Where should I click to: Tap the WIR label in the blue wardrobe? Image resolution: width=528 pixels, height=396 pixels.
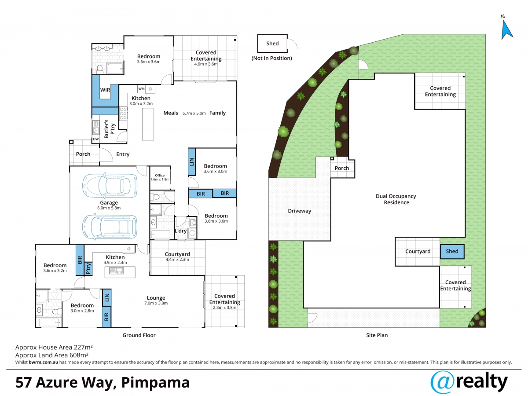[x=105, y=90]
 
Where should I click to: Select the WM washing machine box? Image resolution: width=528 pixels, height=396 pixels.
[x=141, y=89]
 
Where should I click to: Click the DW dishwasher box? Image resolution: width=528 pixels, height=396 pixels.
[x=96, y=139]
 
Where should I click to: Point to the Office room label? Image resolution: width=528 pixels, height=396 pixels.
[x=160, y=176]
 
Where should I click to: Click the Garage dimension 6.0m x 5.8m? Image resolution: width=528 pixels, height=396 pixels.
[x=109, y=208]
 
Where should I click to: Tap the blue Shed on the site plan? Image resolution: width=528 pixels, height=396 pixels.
[x=452, y=252]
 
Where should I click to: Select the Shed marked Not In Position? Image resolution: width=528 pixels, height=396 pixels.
[x=272, y=44]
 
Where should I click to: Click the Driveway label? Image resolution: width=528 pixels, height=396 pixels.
[x=300, y=211]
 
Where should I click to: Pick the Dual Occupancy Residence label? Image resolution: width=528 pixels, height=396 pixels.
[x=396, y=199]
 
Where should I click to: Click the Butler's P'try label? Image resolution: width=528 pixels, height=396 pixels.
[x=110, y=129]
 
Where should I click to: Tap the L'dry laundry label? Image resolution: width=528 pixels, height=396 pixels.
[x=181, y=231]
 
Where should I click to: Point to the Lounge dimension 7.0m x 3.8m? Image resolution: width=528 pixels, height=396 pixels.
[x=156, y=304]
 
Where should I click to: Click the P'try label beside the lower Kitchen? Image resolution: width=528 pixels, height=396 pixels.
[x=88, y=268]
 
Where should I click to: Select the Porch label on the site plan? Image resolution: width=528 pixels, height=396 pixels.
[x=342, y=169]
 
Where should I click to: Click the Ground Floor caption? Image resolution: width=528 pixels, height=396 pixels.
[x=139, y=335]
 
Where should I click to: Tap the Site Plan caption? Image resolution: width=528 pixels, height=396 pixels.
[x=377, y=335]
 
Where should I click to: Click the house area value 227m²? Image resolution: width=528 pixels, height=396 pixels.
[x=83, y=347]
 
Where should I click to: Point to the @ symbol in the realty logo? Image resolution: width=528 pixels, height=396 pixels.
[x=443, y=382]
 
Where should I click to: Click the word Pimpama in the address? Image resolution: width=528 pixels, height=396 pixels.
[x=155, y=383]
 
